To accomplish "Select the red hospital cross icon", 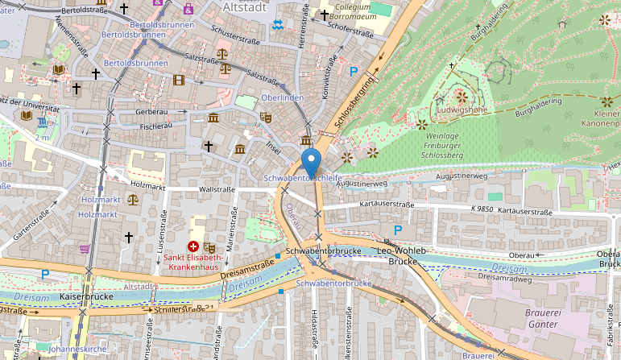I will pyautogui.click(x=193, y=246).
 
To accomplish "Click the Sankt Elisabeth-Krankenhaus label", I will pyautogui.click(x=194, y=263).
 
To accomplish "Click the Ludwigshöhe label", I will pyautogui.click(x=462, y=110).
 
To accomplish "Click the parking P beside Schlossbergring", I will pyautogui.click(x=354, y=71).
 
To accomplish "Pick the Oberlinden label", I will pyautogui.click(x=282, y=98).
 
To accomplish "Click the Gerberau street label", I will pyautogui.click(x=152, y=111).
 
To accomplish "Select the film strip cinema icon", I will pyautogui.click(x=178, y=79).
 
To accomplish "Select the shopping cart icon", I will pyautogui.click(x=85, y=249).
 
